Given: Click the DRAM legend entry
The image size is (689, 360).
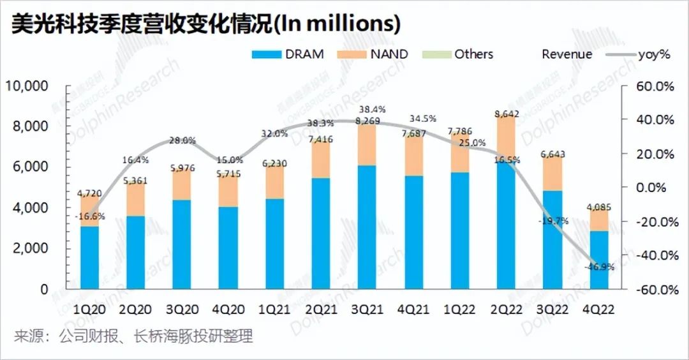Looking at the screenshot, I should point(288,54).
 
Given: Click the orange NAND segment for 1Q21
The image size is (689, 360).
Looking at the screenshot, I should point(275,181).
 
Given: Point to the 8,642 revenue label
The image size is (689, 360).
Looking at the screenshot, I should point(507,115).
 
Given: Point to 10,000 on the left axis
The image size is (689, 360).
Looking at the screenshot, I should point(26,86).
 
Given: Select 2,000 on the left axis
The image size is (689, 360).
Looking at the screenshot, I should point(30,248).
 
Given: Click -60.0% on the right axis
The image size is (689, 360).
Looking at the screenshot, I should point(649,289).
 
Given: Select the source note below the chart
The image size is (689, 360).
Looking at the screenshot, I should point(133,336).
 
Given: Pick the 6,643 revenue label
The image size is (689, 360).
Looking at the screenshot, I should point(552,154).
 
